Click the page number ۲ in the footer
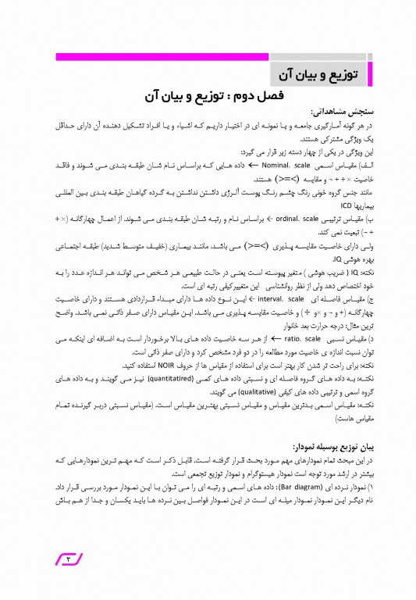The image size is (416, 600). (x=67, y=559)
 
